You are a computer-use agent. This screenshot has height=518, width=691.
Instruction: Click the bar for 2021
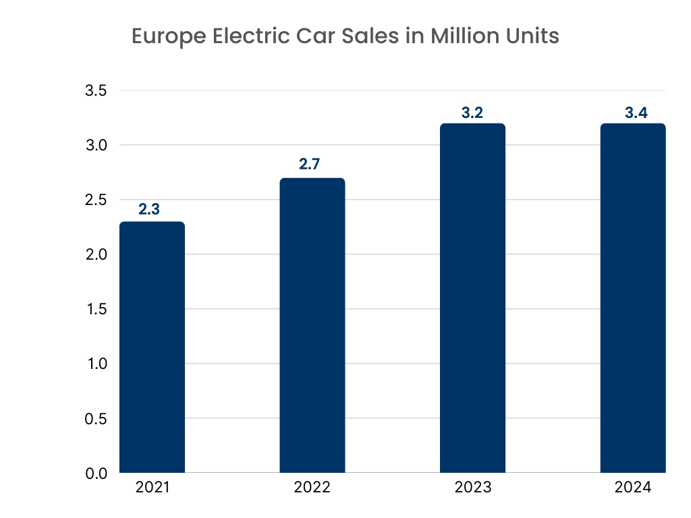tap(152, 347)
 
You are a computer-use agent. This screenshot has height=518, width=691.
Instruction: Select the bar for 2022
tap(312, 325)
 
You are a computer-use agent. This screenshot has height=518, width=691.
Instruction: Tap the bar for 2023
tap(472, 298)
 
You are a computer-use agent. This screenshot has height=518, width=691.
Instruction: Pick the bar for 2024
tap(633, 298)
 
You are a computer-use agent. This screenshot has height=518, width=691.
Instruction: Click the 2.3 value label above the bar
tap(149, 209)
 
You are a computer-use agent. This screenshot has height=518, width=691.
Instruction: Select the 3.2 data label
tap(472, 113)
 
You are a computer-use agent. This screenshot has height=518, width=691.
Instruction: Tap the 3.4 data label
tap(633, 113)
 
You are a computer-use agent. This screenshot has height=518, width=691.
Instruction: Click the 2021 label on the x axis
tap(152, 488)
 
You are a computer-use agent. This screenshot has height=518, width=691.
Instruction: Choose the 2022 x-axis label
tap(312, 488)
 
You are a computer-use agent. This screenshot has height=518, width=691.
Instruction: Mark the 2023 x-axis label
tap(472, 488)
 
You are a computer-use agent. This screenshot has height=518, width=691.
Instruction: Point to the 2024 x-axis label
tap(633, 488)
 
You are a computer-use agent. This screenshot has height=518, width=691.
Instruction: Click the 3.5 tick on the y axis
tap(96, 91)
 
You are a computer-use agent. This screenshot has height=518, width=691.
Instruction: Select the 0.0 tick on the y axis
tap(96, 473)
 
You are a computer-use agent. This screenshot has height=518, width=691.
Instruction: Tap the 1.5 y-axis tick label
tap(96, 310)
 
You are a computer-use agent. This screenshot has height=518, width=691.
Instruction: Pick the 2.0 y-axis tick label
tap(96, 255)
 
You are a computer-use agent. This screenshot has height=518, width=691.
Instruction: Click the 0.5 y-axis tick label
tap(96, 419)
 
